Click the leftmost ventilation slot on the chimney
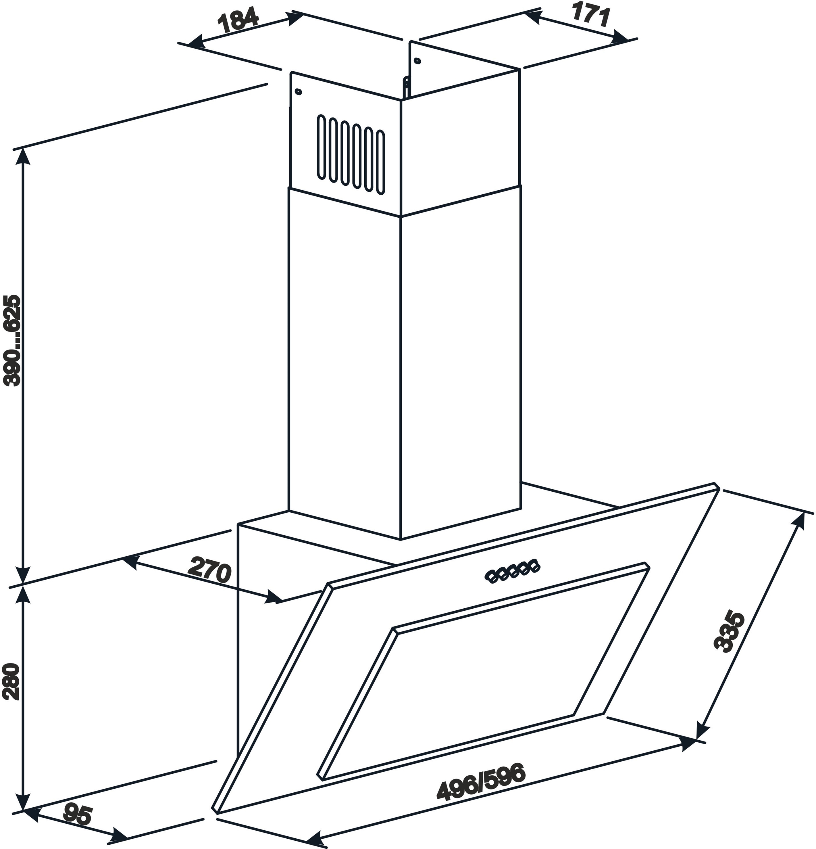tap(322, 147)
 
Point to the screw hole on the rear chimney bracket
tap(417, 61)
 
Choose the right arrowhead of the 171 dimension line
tap(619, 38)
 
